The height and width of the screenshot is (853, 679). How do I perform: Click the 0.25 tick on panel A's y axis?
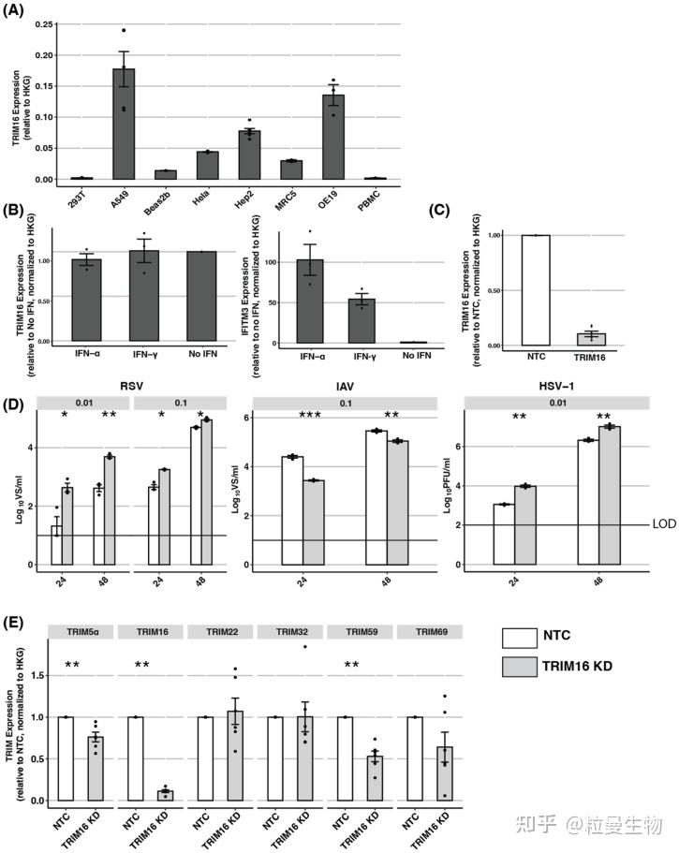pos(41,24)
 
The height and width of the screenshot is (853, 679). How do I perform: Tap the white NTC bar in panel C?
pos(535,291)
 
